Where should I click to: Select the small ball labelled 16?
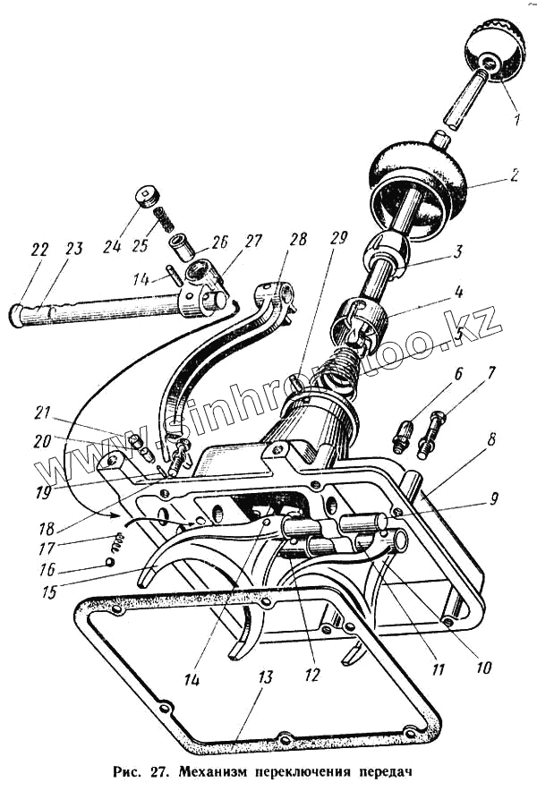tap(109, 562)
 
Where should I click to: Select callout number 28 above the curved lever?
tap(298, 241)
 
